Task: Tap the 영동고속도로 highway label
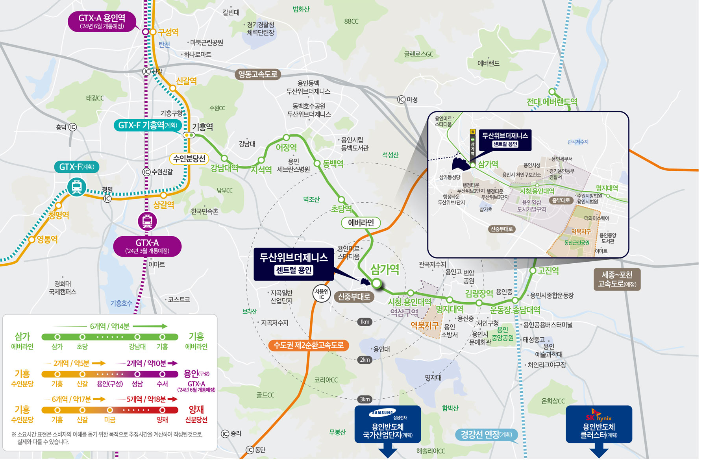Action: [x=258, y=74]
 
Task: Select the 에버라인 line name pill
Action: [x=361, y=223]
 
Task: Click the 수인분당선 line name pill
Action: [x=189, y=159]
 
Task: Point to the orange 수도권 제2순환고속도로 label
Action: [x=309, y=346]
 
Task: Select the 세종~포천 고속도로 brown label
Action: [x=617, y=279]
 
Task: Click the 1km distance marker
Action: [x=365, y=322]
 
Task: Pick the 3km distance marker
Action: [x=365, y=399]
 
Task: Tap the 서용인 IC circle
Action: [x=322, y=294]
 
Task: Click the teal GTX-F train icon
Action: [x=77, y=187]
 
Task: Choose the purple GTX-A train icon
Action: [x=147, y=221]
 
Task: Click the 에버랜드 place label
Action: [x=488, y=63]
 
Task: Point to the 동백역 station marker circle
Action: [x=317, y=163]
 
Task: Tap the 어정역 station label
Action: [x=286, y=148]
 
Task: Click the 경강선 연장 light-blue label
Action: [x=487, y=435]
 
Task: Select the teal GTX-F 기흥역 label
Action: [x=148, y=126]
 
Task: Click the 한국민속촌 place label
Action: [x=204, y=212]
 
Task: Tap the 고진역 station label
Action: [x=548, y=271]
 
